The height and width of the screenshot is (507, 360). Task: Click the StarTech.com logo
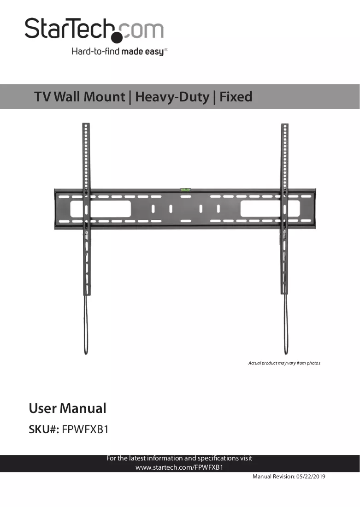94,30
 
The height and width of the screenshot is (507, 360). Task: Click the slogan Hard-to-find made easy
119,52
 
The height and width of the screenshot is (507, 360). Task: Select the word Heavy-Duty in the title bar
172,97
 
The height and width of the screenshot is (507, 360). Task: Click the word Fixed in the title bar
236,97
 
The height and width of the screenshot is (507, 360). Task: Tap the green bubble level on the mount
185,189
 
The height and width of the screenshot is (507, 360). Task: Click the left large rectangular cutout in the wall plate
100,209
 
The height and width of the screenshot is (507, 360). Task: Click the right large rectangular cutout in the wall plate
270,208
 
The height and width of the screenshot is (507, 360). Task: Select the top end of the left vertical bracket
86,124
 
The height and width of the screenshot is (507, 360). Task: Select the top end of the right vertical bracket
285,124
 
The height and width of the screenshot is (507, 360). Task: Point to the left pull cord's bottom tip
86,354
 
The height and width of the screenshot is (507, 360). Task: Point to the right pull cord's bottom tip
286,354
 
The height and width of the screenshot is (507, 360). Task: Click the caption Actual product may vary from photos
284,363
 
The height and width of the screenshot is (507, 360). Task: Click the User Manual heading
67,408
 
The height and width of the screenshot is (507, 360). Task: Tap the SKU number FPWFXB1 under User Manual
85,430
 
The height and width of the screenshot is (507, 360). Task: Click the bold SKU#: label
44,430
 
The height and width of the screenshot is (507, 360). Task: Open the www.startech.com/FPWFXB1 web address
179,467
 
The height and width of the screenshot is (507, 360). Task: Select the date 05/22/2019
311,477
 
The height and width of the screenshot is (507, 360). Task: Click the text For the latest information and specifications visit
179,459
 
